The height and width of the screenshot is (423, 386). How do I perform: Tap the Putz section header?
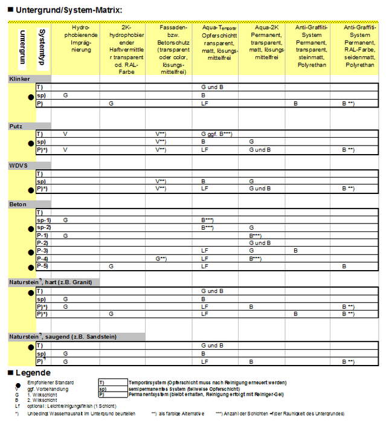[16, 126]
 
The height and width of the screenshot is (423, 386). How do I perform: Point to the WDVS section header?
[18, 165]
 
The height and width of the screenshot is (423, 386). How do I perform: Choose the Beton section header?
[18, 204]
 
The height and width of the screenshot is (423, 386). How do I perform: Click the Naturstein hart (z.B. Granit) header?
[54, 282]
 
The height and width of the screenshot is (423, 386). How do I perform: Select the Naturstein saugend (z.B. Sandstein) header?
[63, 337]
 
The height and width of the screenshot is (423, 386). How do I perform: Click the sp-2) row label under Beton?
[43, 227]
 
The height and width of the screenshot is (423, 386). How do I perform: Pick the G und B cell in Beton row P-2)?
[260, 242]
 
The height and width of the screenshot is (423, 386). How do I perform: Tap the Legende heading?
[33, 372]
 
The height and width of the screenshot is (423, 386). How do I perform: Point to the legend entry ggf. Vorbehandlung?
[46, 389]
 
